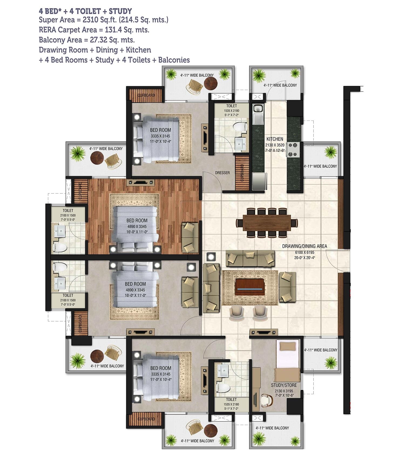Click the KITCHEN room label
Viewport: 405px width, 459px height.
[275, 139]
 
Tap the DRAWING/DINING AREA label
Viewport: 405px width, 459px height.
[304, 246]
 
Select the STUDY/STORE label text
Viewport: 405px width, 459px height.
[283, 385]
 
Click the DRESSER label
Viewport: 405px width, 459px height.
[222, 173]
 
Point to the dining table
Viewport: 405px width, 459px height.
[267, 223]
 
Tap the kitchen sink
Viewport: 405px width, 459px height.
[258, 109]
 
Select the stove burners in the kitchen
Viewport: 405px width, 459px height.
[293, 150]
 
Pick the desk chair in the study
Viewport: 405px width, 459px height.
[267, 401]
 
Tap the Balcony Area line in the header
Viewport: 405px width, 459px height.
[87, 40]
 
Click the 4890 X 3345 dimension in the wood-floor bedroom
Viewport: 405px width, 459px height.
[137, 226]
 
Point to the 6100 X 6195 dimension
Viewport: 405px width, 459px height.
[304, 252]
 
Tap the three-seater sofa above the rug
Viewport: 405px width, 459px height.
[250, 258]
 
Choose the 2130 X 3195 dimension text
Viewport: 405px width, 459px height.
[283, 391]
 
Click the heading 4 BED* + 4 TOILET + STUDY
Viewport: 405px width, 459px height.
[85, 11]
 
